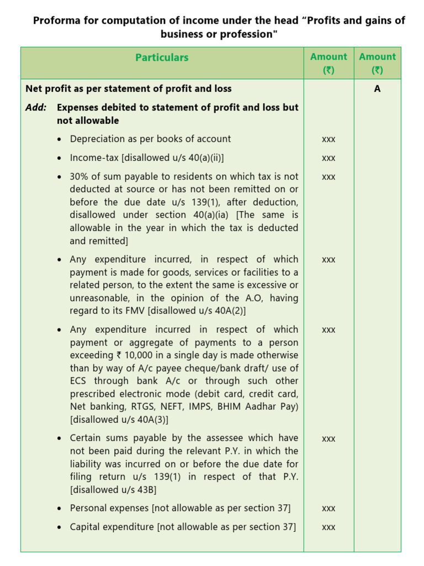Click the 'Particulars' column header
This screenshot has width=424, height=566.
coord(162,57)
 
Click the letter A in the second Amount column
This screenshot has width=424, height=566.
coord(377,88)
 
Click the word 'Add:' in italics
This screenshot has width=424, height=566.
coord(36,107)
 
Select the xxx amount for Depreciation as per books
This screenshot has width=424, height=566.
coord(328,139)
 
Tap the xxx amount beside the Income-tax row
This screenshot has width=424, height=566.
coord(328,158)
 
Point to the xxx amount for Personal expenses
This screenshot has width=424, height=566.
coord(328,509)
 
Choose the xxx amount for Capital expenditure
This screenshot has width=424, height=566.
coord(328,527)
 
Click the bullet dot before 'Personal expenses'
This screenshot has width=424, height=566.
coord(60,509)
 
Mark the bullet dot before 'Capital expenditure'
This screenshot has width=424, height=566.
coord(60,527)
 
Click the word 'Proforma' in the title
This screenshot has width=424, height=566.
coord(56,21)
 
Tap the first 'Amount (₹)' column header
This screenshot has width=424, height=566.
coord(328,63)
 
